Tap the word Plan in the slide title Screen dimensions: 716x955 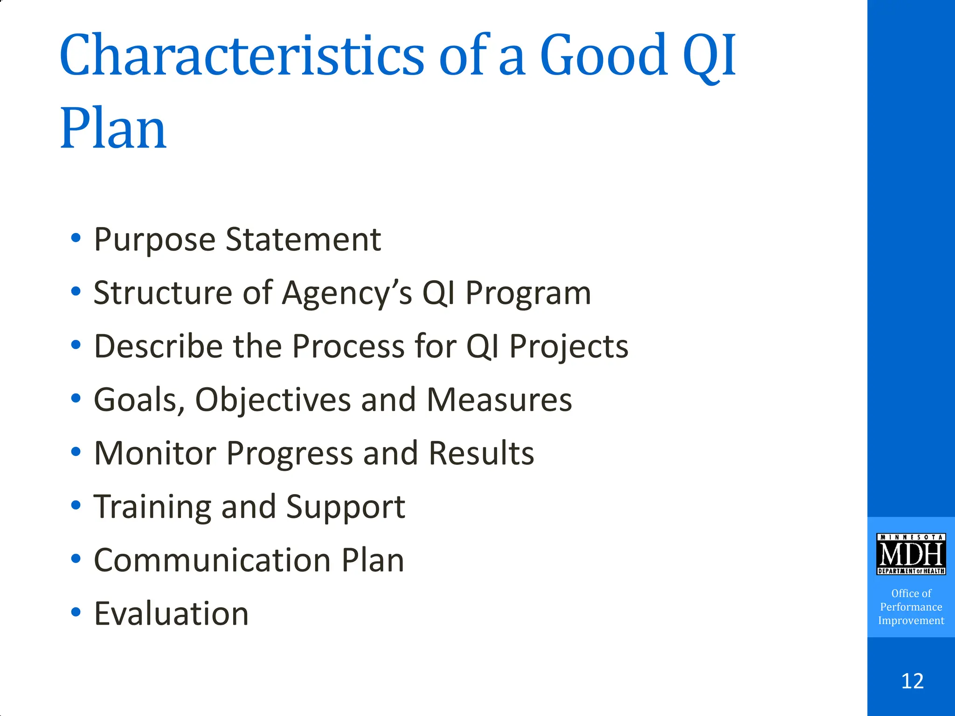[x=113, y=128]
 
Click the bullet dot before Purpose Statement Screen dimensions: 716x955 [x=76, y=238]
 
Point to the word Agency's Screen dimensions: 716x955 [x=347, y=293]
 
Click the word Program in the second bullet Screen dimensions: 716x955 [x=528, y=293]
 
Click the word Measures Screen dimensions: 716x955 [x=499, y=400]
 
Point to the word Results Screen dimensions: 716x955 [x=481, y=453]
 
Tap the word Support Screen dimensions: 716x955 [x=346, y=507]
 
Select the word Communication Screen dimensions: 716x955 [x=212, y=560]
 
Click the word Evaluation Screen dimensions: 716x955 [x=172, y=613]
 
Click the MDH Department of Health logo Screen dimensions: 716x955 [x=911, y=554]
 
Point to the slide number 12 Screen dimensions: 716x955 [x=912, y=681]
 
